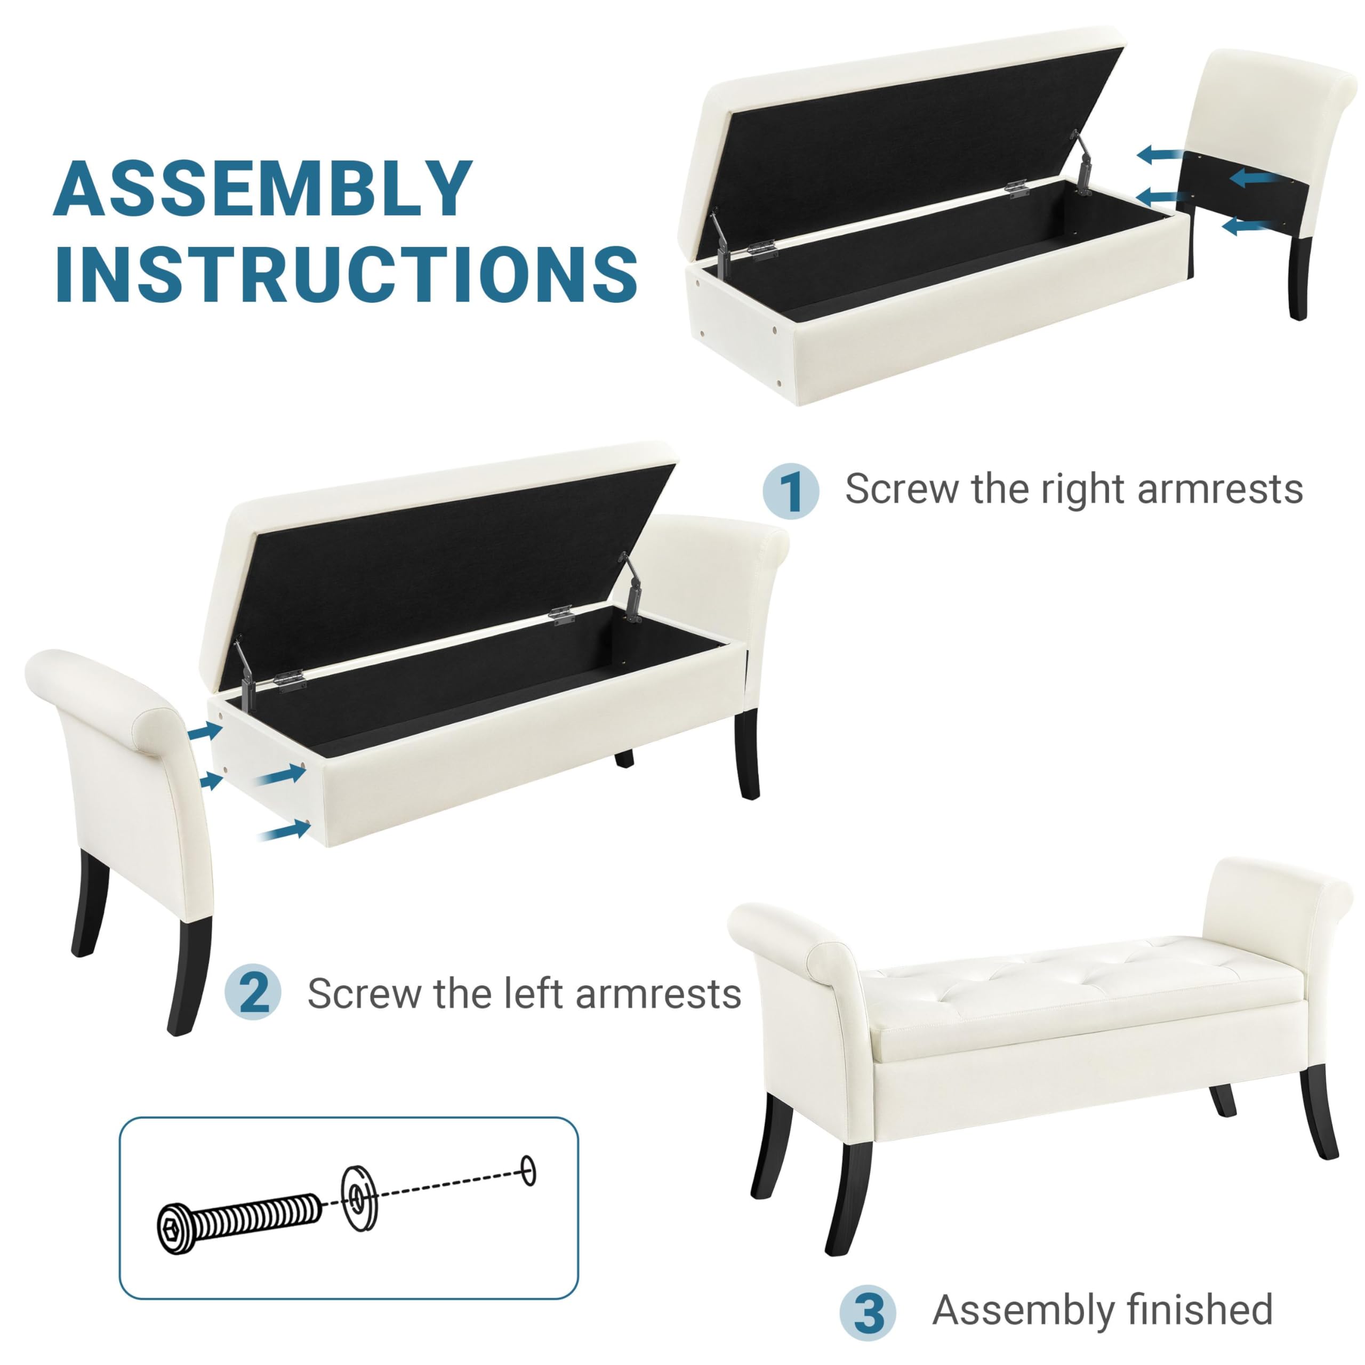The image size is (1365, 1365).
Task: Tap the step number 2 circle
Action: click(x=253, y=993)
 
